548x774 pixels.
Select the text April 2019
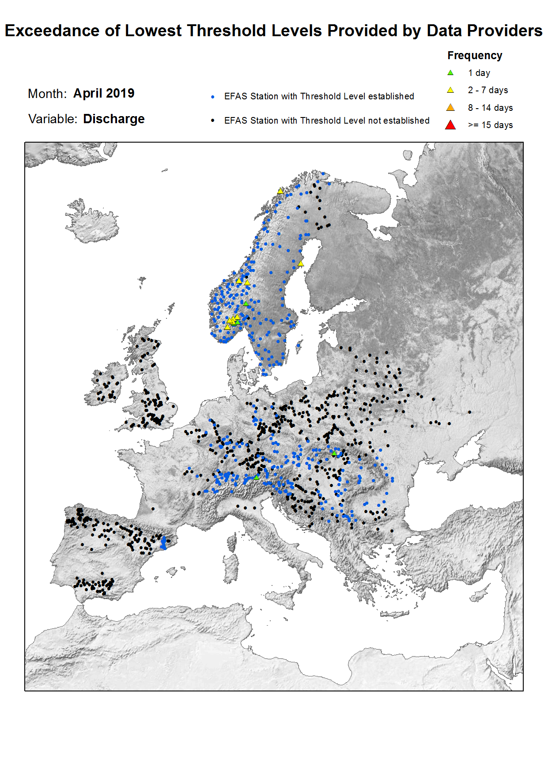pos(104,94)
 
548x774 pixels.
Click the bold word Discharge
pos(114,119)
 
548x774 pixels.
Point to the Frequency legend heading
pos(475,56)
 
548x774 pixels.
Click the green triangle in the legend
pos(450,73)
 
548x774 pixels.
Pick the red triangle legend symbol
pos(450,125)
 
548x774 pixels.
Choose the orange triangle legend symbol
pos(450,108)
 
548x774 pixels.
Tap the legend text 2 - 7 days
pos(488,91)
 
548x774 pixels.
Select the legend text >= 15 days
pos(490,125)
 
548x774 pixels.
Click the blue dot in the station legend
pos(213,97)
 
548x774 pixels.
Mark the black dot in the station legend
pos(213,121)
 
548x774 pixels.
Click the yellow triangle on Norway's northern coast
pos(280,191)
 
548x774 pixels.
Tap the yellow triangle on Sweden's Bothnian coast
pos(301,264)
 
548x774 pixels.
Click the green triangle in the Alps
pos(257,477)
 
